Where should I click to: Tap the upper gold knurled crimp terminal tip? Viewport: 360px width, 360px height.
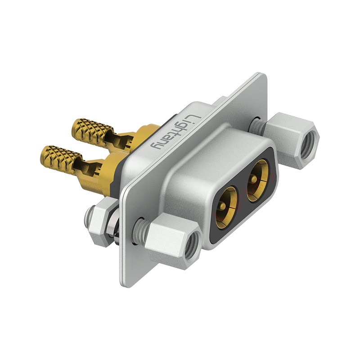pos(92,130)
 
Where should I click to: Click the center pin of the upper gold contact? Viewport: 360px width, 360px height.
pos(254,178)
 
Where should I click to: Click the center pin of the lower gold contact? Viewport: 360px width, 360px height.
pos(222,207)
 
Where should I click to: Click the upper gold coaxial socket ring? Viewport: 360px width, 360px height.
pos(257,181)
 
